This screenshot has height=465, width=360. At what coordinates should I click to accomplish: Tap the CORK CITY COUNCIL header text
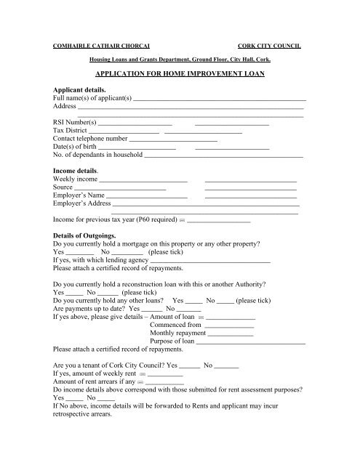(x=272, y=45)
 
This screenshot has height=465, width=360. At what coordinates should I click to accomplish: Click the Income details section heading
(x=79, y=169)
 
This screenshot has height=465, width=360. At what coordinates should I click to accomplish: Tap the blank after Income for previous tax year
(x=219, y=220)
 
